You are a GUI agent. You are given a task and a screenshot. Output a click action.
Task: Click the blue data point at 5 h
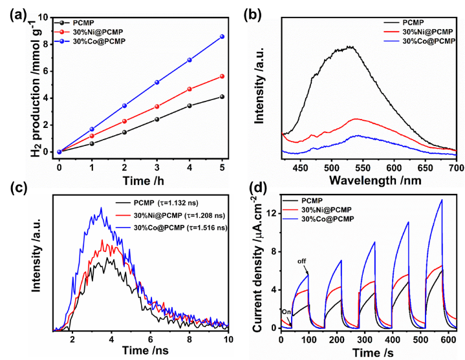point(222,36)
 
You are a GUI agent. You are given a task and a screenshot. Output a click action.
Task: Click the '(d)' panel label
point(258,188)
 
